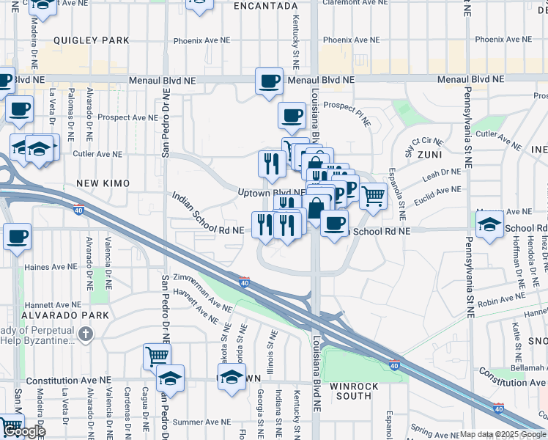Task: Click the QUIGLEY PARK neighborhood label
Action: point(96,40)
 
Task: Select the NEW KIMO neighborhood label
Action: point(103,183)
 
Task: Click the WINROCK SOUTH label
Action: point(355,392)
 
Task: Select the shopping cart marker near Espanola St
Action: point(373,195)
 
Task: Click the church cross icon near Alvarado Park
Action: point(86,335)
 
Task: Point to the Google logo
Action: point(25,431)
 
